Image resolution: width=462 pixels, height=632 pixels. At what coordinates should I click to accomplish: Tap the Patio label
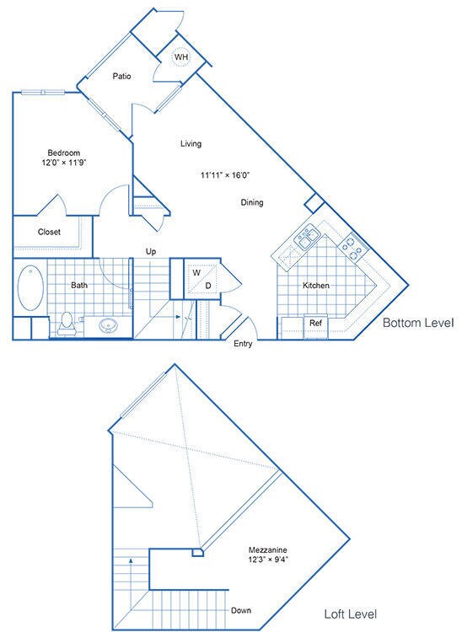(x=123, y=76)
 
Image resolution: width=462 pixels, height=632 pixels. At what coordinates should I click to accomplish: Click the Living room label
(x=191, y=143)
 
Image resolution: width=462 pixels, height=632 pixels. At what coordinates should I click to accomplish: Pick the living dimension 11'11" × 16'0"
(x=225, y=175)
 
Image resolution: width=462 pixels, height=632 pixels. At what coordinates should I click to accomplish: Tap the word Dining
(x=252, y=202)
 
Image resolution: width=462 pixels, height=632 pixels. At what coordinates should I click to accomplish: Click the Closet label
(x=49, y=232)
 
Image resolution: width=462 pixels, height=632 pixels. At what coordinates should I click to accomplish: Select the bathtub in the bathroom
(x=30, y=287)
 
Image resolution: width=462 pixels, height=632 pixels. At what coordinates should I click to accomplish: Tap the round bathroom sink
(x=107, y=324)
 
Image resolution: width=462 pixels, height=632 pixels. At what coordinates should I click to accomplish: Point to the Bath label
(x=79, y=285)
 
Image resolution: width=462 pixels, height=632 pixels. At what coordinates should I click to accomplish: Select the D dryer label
(x=207, y=286)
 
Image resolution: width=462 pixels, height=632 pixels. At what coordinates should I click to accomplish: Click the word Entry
(x=243, y=344)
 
